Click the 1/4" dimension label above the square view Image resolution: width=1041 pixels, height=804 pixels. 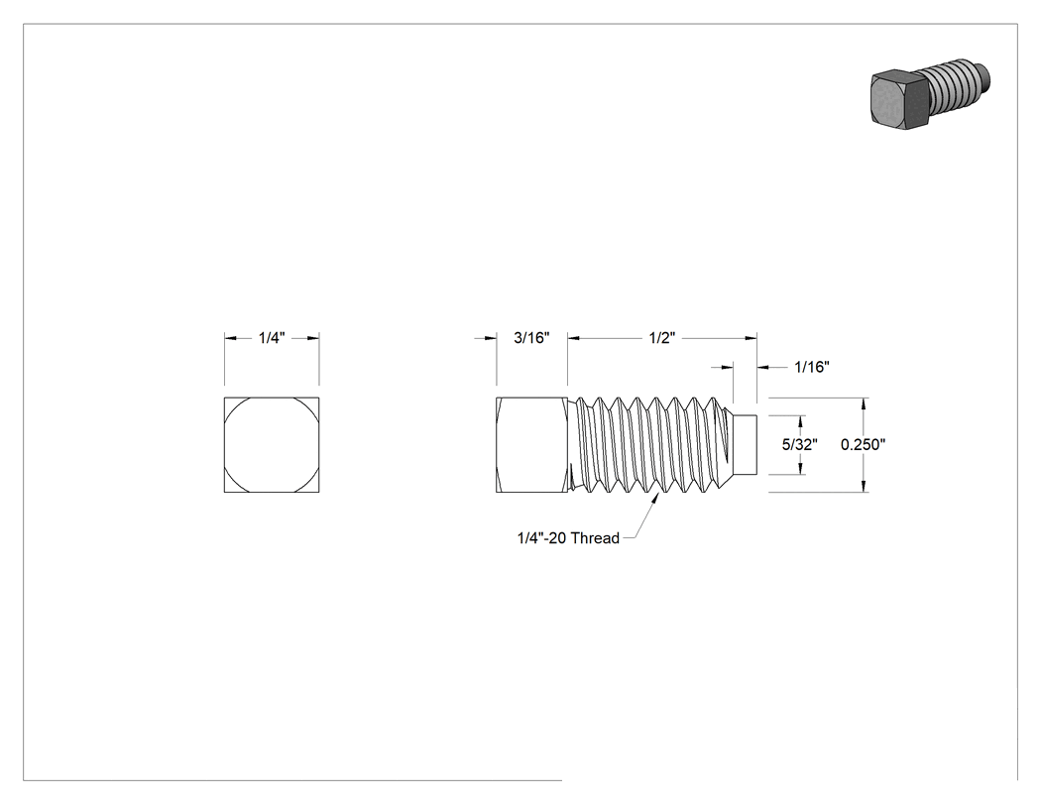pos(272,338)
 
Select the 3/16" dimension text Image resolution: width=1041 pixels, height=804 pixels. pos(531,338)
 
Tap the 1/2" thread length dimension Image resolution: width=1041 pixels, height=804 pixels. pos(662,338)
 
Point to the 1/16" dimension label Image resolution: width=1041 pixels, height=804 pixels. pos(812,367)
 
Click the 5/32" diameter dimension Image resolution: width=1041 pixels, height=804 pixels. pos(799,445)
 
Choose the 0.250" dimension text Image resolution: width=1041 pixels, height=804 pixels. pos(864,445)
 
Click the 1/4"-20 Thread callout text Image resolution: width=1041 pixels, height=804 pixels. pos(568,537)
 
